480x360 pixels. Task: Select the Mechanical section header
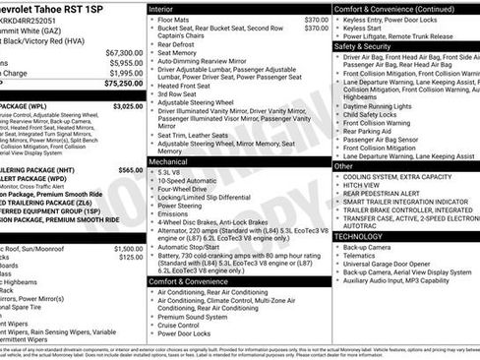click(x=170, y=159)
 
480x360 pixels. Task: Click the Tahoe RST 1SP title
click(x=69, y=8)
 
